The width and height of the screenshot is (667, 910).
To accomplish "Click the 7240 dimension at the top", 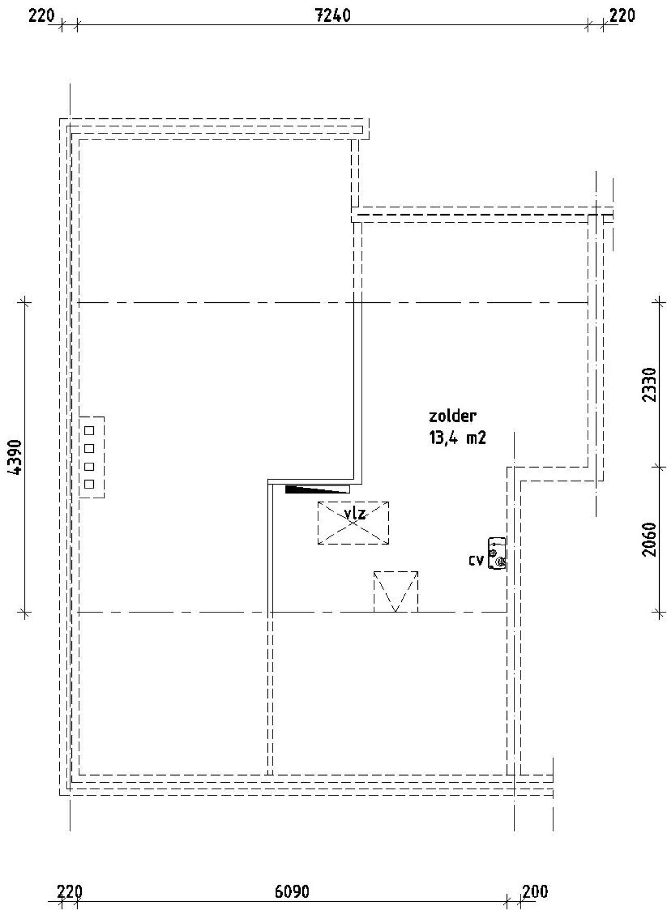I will click(333, 16).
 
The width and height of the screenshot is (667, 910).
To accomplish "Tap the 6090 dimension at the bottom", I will click(292, 892).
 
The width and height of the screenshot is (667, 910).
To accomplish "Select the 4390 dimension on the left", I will click(15, 457).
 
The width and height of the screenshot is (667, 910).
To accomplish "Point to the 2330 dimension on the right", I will click(649, 384).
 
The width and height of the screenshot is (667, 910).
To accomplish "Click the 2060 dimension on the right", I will click(649, 539).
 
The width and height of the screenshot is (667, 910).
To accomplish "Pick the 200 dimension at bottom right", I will click(535, 892).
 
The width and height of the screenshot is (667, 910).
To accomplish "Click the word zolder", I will click(452, 416).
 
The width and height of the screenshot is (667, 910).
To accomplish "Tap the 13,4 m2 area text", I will click(458, 438).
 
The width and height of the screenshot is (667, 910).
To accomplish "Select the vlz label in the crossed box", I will click(355, 514).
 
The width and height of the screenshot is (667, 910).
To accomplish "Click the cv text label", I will click(476, 560).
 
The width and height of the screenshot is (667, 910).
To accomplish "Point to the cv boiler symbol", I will click(497, 554).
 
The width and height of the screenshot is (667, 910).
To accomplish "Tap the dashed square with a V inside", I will click(396, 592).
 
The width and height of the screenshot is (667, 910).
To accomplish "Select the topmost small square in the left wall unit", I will click(89, 431).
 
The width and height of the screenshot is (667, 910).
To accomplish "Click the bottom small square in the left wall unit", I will click(89, 484).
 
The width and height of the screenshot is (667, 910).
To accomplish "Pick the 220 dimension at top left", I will click(41, 16).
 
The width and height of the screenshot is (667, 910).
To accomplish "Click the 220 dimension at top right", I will click(622, 16).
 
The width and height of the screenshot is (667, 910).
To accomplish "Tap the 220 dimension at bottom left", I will click(69, 892).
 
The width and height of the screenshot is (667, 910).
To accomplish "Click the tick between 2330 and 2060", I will click(660, 466).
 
